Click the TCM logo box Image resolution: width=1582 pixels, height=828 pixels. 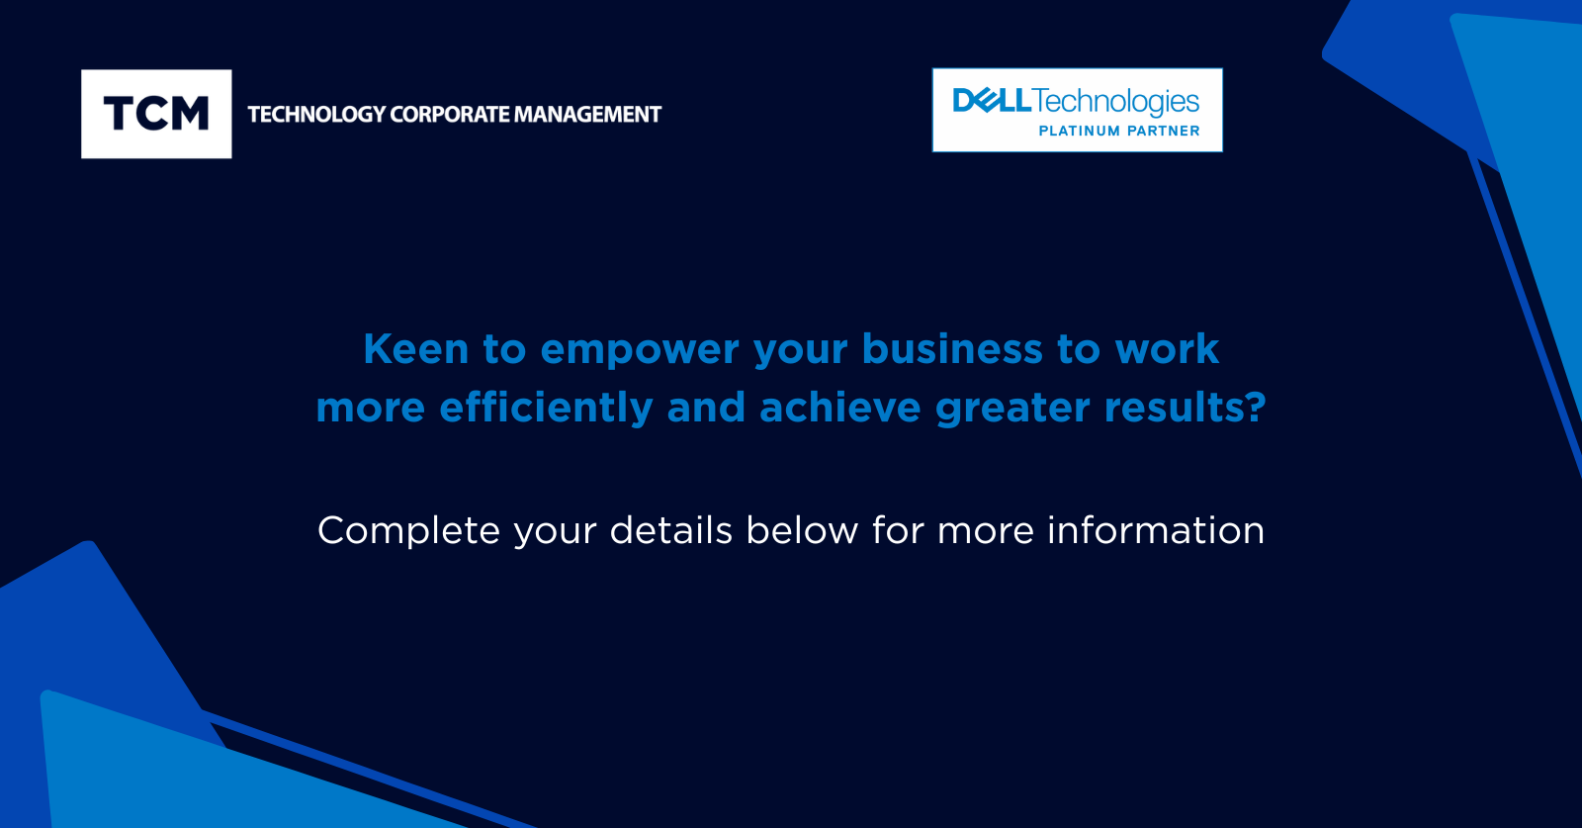pyautogui.click(x=156, y=114)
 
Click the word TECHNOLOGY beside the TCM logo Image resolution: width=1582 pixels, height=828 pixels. pyautogui.click(x=317, y=115)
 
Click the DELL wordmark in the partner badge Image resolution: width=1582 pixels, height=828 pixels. pyautogui.click(x=992, y=100)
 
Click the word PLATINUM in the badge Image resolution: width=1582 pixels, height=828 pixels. pyautogui.click(x=1079, y=131)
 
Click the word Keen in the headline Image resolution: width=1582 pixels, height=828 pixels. pyautogui.click(x=416, y=349)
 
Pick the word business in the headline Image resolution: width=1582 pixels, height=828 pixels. pyautogui.click(x=952, y=349)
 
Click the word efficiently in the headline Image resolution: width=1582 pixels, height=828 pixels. pyautogui.click(x=546, y=409)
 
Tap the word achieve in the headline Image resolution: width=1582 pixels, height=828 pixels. pyautogui.click(x=839, y=407)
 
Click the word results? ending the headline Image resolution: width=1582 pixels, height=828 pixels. pyautogui.click(x=1186, y=407)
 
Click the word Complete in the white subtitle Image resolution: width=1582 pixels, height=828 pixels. pyautogui.click(x=409, y=531)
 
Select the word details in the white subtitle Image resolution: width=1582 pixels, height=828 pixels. pyautogui.click(x=671, y=530)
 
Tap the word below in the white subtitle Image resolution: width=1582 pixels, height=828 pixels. pyautogui.click(x=802, y=530)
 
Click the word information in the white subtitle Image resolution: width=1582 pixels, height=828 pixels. pyautogui.click(x=1156, y=530)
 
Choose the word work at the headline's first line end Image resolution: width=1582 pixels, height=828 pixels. pyautogui.click(x=1167, y=349)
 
